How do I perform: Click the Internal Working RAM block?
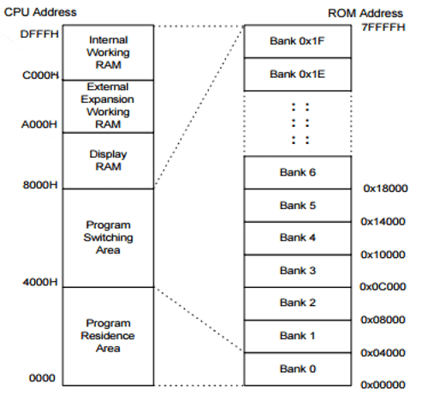coord(108,51)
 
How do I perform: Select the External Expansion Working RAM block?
coord(108,105)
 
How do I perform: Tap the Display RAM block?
coord(108,160)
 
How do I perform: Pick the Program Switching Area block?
coord(108,237)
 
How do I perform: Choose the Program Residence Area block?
coord(108,335)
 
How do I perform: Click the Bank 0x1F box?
coord(298,42)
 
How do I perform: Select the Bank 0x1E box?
coord(298,75)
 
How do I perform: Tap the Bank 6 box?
coord(298,172)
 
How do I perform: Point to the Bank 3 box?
coord(298,270)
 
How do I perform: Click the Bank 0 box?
coord(298,368)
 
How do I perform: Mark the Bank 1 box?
coord(298,335)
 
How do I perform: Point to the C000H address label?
coord(39,75)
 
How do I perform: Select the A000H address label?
coord(39,123)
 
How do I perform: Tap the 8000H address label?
coord(39,183)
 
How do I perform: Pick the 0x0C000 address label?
coord(383,287)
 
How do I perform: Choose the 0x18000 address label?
coord(383,188)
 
